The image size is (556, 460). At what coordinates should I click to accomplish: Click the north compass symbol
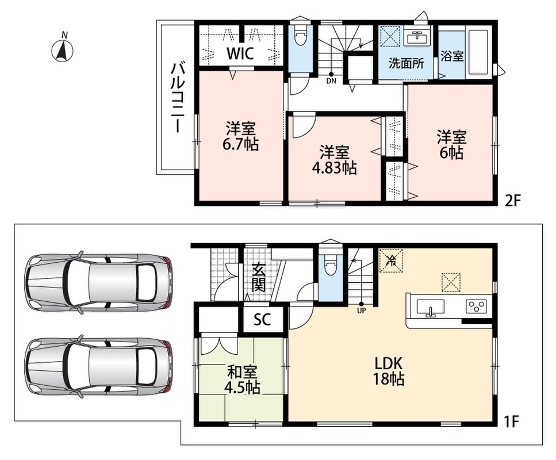click(63, 49)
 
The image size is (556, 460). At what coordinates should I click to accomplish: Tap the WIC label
click(240, 53)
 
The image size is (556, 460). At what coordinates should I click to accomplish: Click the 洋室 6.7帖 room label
click(241, 136)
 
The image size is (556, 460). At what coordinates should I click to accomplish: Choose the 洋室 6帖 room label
click(451, 145)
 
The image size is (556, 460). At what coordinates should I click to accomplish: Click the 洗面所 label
click(406, 63)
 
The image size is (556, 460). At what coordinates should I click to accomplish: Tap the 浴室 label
click(452, 56)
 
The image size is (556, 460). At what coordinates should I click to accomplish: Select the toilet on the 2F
click(300, 36)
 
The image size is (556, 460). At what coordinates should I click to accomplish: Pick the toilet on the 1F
click(330, 263)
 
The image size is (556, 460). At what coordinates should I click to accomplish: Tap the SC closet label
click(262, 320)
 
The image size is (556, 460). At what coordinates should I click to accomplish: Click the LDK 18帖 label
click(389, 371)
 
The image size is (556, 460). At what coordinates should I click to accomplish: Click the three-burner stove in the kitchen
click(477, 306)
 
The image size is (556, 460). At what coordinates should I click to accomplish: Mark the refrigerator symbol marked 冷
click(392, 261)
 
